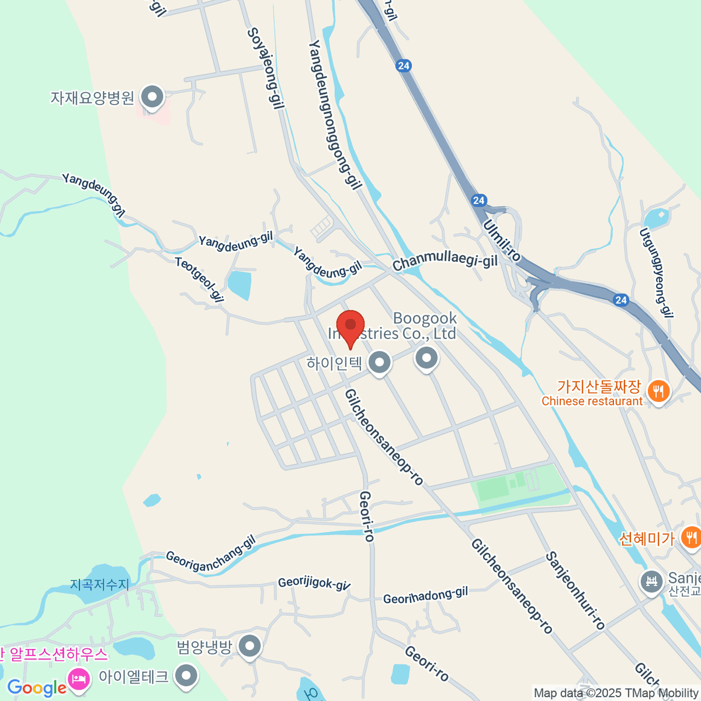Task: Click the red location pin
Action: (x=350, y=325)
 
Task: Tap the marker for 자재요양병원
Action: (x=153, y=96)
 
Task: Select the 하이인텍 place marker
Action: (x=380, y=362)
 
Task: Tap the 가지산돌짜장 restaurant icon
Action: (x=659, y=391)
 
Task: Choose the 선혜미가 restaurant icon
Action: (x=692, y=537)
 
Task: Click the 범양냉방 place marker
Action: (x=251, y=646)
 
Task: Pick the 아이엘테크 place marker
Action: (x=187, y=675)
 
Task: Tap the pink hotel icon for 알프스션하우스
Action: (x=78, y=678)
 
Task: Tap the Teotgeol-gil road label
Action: (x=200, y=280)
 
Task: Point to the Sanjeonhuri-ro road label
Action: (x=575, y=590)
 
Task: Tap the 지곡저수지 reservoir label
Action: (x=99, y=584)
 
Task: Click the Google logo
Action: (x=36, y=688)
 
